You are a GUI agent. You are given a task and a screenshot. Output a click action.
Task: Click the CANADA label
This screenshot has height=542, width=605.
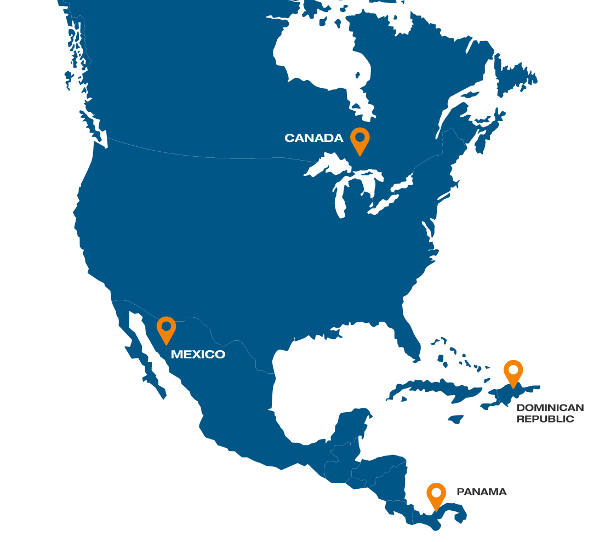(313, 138)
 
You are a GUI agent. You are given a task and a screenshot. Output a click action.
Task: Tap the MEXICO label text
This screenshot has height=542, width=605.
(198, 355)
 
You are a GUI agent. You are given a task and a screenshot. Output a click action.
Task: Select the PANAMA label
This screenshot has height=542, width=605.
(482, 492)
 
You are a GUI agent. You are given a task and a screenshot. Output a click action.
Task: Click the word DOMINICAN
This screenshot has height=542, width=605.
(550, 408)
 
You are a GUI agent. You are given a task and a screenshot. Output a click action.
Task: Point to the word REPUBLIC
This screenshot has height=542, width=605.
(545, 419)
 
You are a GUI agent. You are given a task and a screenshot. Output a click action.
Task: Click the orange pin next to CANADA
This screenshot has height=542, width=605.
(360, 140)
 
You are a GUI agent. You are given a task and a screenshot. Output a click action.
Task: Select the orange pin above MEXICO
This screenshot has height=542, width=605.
(166, 329)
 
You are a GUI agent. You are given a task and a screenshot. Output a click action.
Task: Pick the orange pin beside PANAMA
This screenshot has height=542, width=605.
(436, 495)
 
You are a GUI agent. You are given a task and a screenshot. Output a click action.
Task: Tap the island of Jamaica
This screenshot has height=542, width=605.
(455, 419)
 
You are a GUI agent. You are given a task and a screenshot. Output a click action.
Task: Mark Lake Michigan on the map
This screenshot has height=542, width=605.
(340, 197)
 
